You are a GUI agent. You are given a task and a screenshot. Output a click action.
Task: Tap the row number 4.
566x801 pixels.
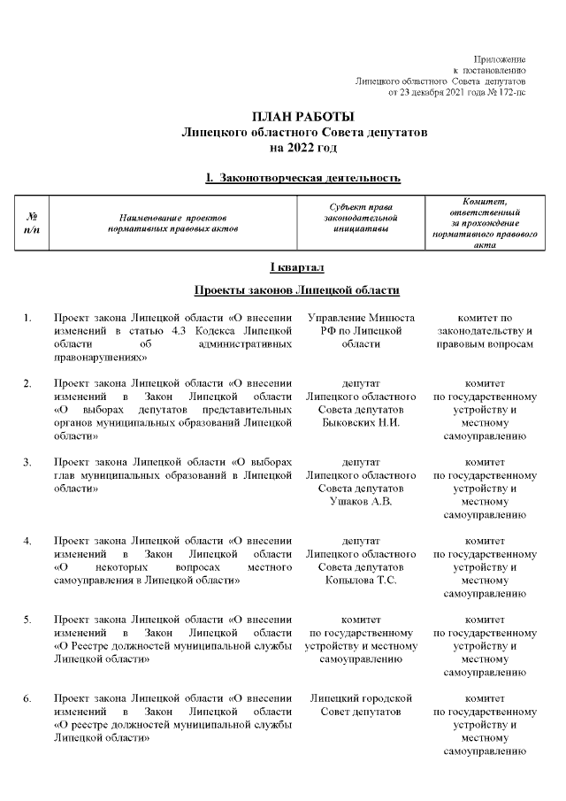point(27,541)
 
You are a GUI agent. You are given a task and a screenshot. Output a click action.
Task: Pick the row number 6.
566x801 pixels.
point(27,700)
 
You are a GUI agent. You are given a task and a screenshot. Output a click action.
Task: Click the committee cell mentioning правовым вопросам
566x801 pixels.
point(485,331)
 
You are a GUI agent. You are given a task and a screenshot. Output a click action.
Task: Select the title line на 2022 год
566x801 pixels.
point(303,146)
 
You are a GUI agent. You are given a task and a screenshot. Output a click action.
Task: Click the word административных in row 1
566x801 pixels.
point(243,344)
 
